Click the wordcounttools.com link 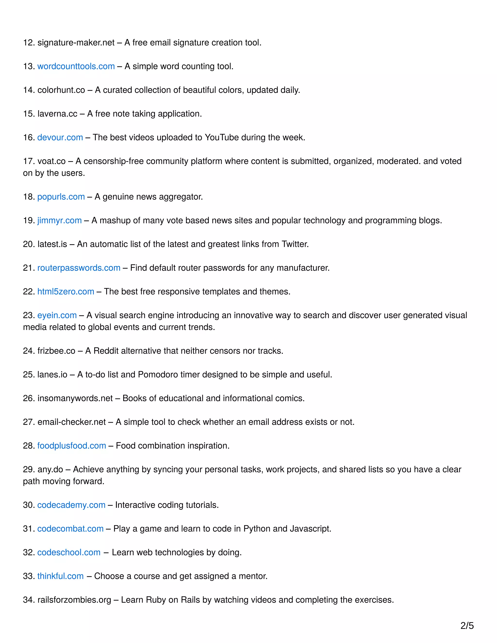tap(76, 66)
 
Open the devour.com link tap(60, 138)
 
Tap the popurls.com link tap(61, 197)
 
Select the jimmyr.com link tap(59, 221)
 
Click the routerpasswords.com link tap(79, 268)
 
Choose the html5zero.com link tap(66, 291)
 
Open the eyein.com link tap(57, 315)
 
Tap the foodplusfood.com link tap(72, 446)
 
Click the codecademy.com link tap(71, 505)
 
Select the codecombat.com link tap(70, 529)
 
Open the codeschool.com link tap(69, 552)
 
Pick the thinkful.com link tap(60, 576)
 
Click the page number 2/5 tap(467, 626)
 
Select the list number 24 tap(29, 351)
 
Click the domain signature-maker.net tap(76, 43)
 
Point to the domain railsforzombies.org tap(74, 600)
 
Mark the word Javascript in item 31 tap(310, 529)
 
